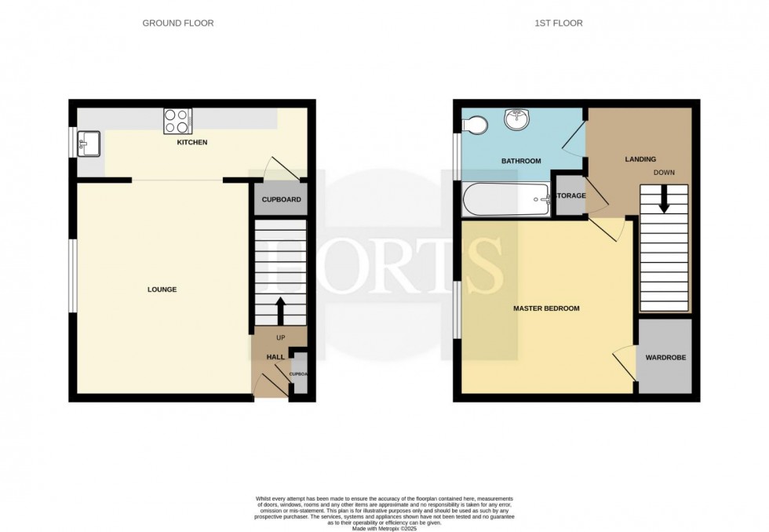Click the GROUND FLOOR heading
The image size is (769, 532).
[177, 24]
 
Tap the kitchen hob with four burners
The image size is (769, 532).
[177, 121]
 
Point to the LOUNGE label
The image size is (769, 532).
[162, 290]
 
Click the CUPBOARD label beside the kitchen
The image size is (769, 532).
[281, 200]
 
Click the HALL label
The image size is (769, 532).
[275, 357]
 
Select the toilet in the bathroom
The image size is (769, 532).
[474, 124]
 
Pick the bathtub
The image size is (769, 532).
[506, 199]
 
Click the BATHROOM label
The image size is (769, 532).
[521, 161]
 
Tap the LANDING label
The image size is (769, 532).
[640, 159]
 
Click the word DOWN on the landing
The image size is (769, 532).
[664, 172]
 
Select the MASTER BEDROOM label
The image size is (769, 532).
[546, 308]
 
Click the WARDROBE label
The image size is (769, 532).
[665, 358]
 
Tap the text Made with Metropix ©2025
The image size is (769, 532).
[384, 529]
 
